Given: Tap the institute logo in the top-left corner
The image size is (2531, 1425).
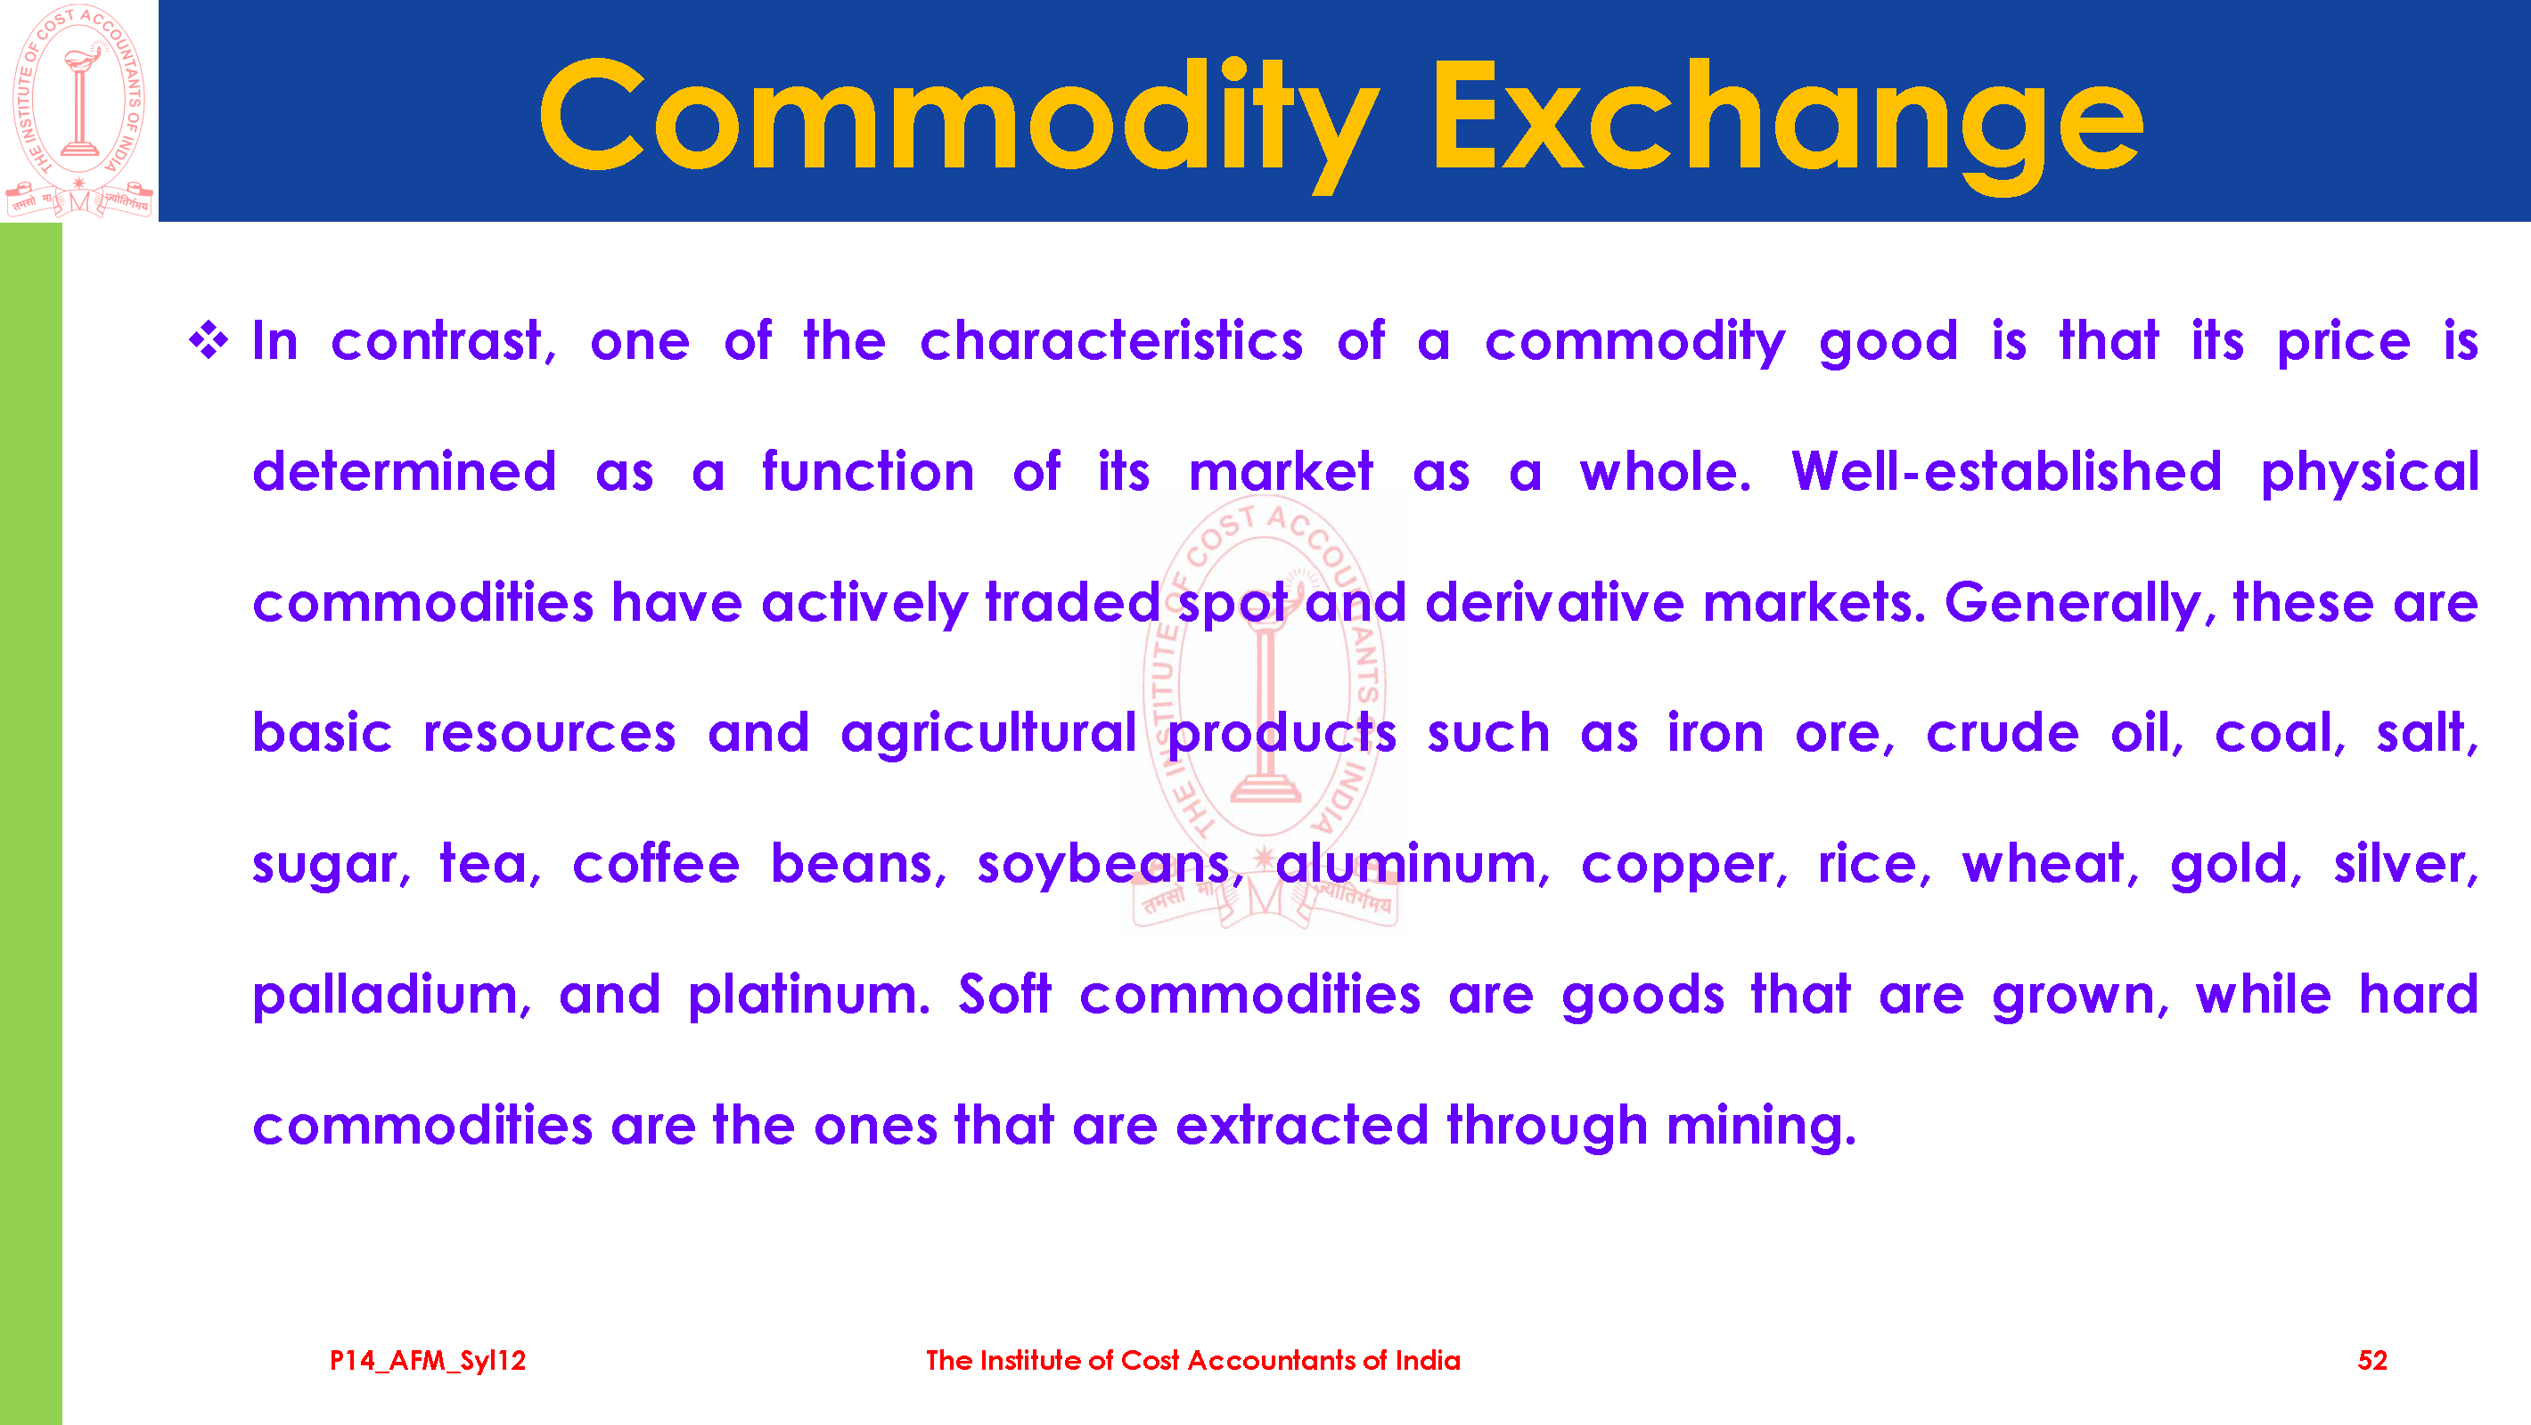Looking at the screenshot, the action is [x=79, y=110].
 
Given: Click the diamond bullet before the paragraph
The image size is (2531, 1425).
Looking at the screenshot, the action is [x=209, y=341].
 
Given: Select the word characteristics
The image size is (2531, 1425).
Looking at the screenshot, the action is [x=1111, y=342].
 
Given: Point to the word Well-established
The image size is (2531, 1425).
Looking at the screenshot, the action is [x=2006, y=472].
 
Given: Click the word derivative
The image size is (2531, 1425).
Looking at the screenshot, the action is [x=1554, y=602].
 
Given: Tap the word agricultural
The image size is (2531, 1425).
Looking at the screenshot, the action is [x=988, y=735].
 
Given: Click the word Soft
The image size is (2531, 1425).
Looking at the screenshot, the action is [x=1004, y=994].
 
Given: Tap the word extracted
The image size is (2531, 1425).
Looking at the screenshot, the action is [x=1301, y=1125].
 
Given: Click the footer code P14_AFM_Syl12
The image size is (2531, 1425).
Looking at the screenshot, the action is [x=428, y=1360].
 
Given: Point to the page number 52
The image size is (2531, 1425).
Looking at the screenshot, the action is [x=2371, y=1360].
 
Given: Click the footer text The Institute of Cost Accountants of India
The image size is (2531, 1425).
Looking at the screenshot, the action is [x=1192, y=1360].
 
